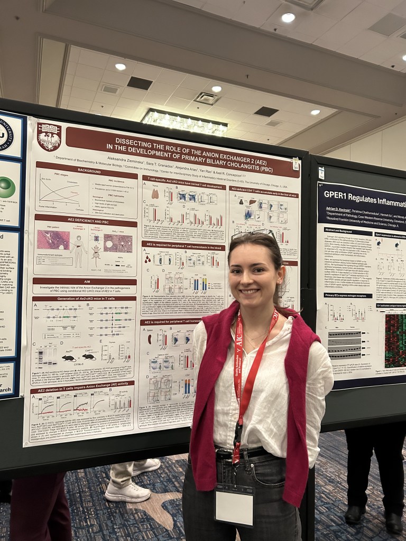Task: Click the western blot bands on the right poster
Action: (344, 345)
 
